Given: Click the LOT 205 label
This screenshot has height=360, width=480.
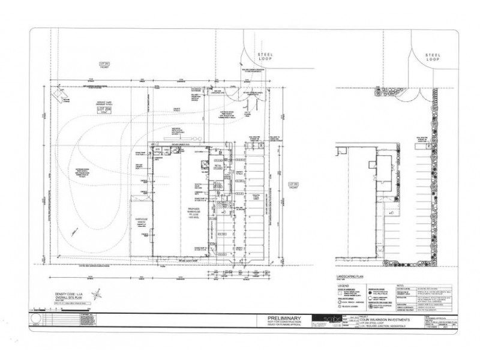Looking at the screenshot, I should click(x=293, y=184).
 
